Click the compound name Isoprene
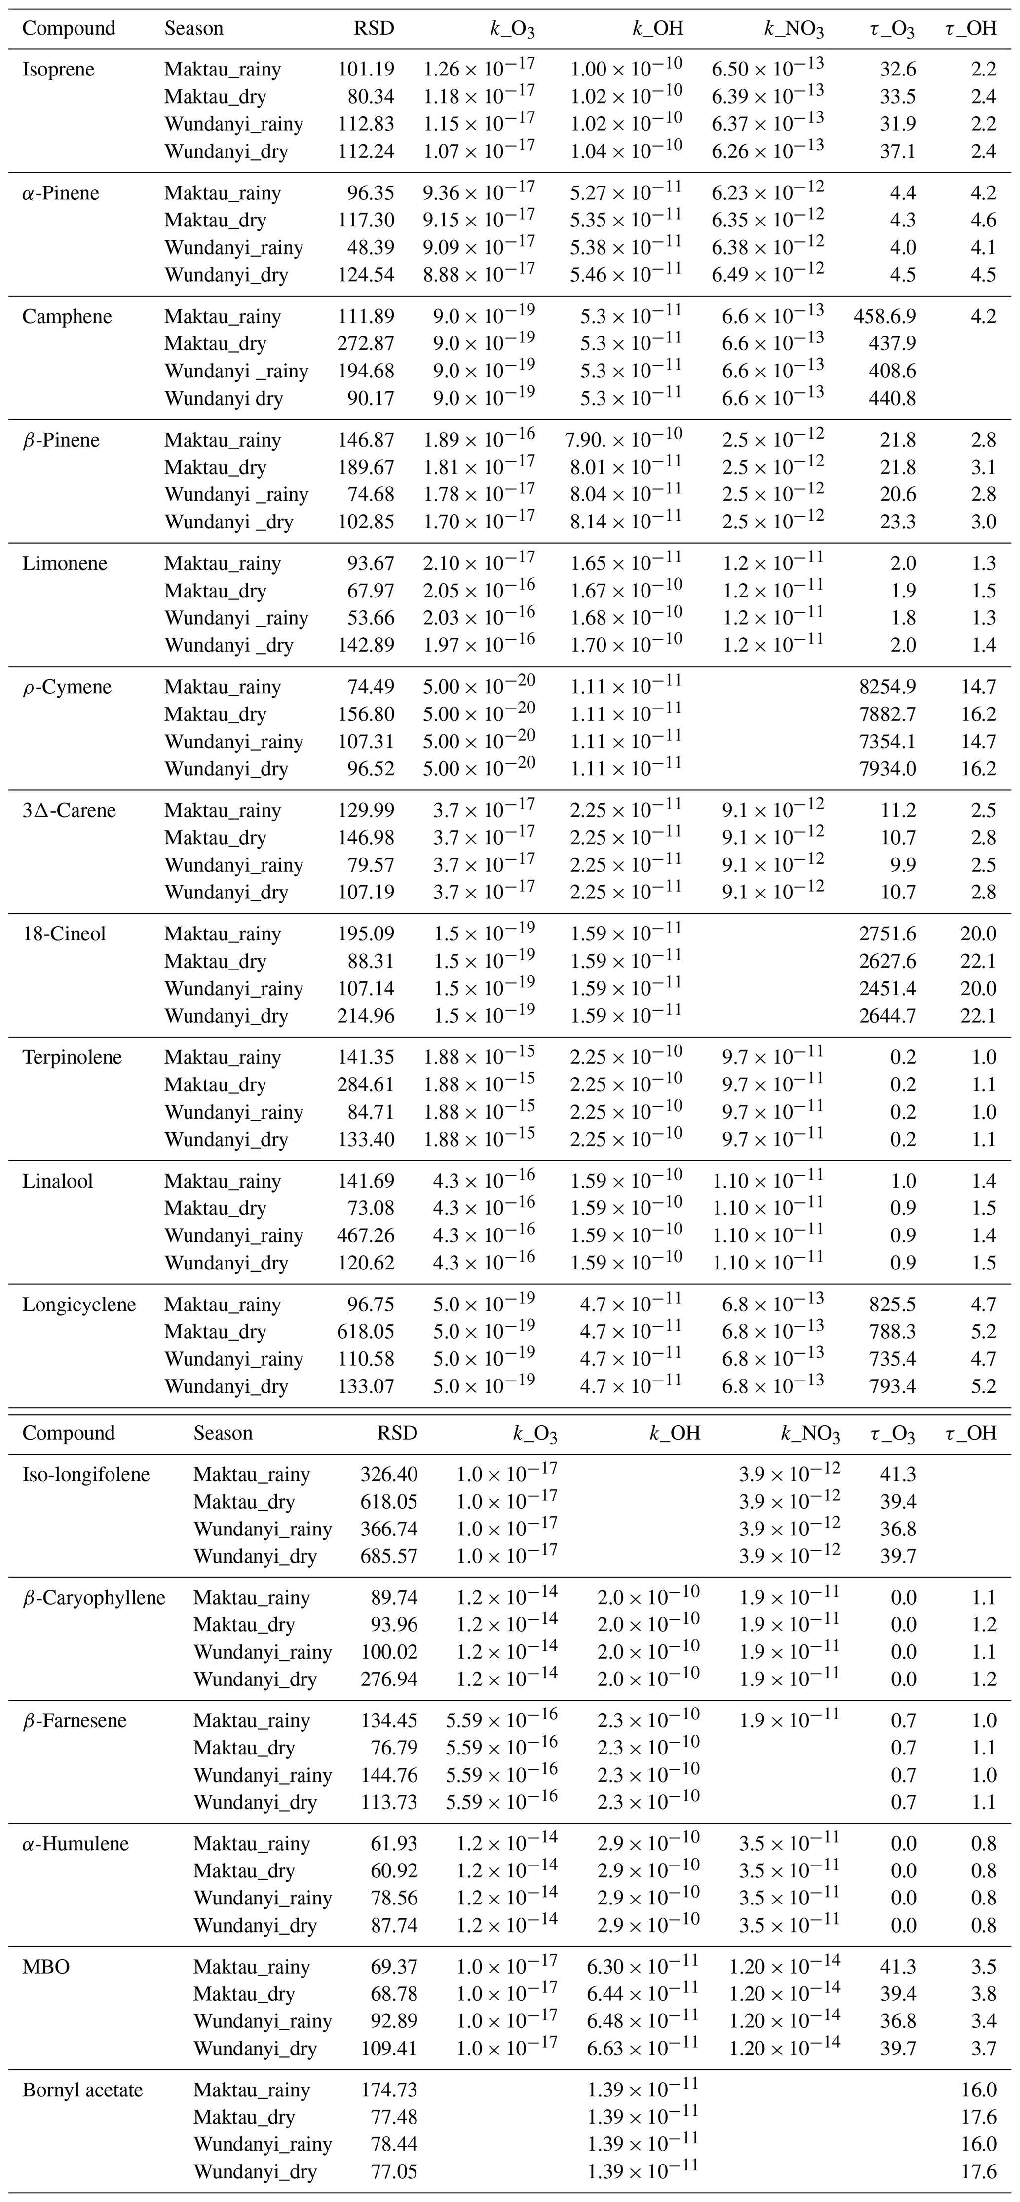58,69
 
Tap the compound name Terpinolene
72,1057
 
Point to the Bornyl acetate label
82,2090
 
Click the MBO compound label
46,1967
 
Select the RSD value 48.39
370,248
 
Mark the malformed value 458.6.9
884,316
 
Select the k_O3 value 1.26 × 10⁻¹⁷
479,69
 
